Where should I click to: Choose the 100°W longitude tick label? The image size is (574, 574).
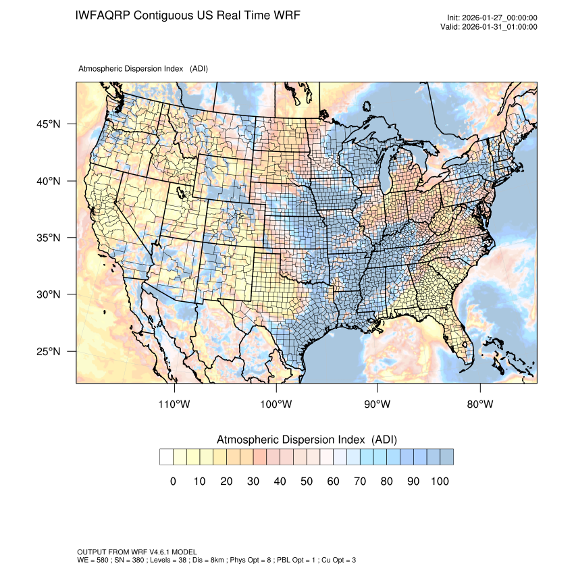tap(276, 405)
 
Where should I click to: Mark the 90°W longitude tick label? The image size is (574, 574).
tap(377, 405)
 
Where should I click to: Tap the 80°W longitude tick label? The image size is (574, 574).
tap(479, 405)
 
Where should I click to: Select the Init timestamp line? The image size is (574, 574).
tap(492, 18)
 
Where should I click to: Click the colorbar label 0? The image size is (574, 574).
tap(173, 481)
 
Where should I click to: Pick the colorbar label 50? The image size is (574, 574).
tap(307, 481)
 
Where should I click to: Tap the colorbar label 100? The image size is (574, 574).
tap(440, 481)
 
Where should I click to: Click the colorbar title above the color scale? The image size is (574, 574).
tap(307, 440)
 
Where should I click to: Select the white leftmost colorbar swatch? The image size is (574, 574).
tap(166, 457)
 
